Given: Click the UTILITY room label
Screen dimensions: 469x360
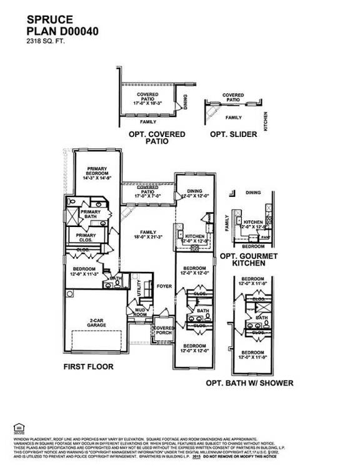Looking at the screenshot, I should tap(139, 288).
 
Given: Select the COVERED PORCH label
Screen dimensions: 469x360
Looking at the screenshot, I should tap(164, 331).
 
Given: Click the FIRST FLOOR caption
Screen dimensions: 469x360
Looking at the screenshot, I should tap(88, 367).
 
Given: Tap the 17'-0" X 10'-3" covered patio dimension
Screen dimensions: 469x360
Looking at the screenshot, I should tap(147, 102).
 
